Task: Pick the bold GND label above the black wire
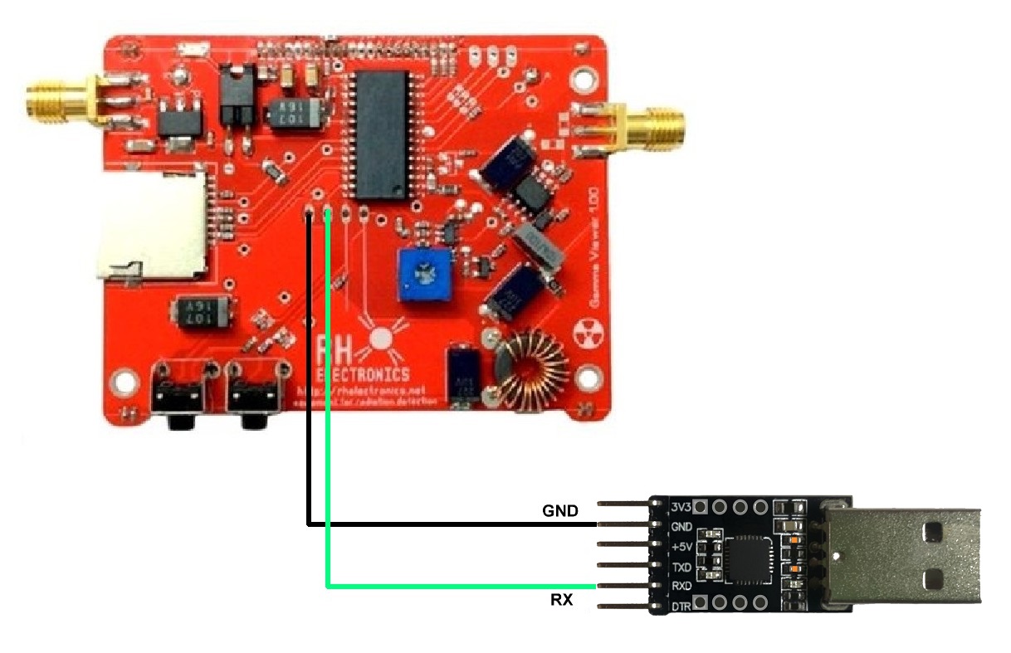(560, 510)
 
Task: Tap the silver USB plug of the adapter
(904, 556)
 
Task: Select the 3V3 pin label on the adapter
(680, 506)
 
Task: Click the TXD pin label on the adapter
(681, 567)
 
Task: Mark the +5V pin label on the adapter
(680, 547)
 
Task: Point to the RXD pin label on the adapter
(681, 587)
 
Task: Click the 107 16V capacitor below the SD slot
(200, 314)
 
